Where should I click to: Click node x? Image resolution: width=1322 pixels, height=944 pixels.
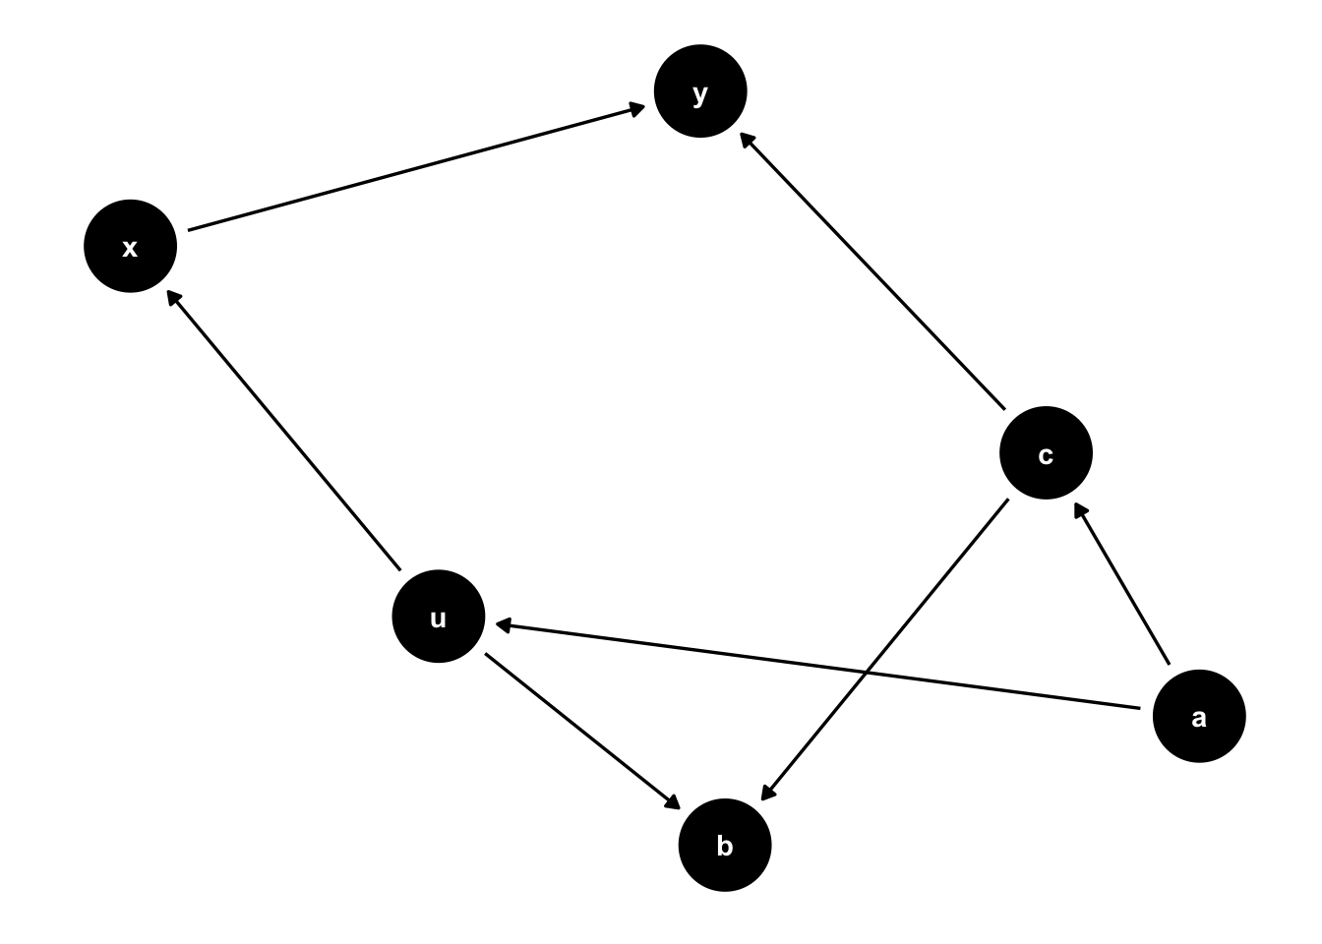(x=131, y=246)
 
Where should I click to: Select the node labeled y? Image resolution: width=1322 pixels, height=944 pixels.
(x=700, y=91)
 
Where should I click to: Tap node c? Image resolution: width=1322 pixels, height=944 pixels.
(x=1046, y=453)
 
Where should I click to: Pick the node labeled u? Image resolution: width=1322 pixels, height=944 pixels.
(x=439, y=617)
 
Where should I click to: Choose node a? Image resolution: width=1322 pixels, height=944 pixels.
(x=1199, y=716)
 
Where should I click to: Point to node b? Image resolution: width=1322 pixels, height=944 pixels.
(x=725, y=845)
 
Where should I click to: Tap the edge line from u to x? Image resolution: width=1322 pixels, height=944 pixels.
(x=284, y=431)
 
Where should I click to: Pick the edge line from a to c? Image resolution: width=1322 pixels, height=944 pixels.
(x=1123, y=585)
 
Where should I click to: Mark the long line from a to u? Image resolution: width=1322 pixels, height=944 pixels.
(x=816, y=666)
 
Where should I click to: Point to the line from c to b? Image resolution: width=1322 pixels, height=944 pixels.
(x=885, y=649)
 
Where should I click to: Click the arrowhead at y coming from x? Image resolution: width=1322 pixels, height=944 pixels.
(x=636, y=109)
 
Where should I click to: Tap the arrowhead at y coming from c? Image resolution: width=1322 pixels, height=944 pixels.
(x=748, y=141)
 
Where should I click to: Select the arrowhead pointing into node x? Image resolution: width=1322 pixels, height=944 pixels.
(x=173, y=298)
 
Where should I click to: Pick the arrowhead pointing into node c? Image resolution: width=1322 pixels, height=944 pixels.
(x=1080, y=510)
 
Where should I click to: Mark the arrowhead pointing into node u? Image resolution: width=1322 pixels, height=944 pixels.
(x=504, y=624)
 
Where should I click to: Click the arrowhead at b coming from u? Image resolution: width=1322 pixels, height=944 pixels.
(x=672, y=802)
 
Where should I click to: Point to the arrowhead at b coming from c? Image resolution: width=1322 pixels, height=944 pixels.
(x=768, y=792)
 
